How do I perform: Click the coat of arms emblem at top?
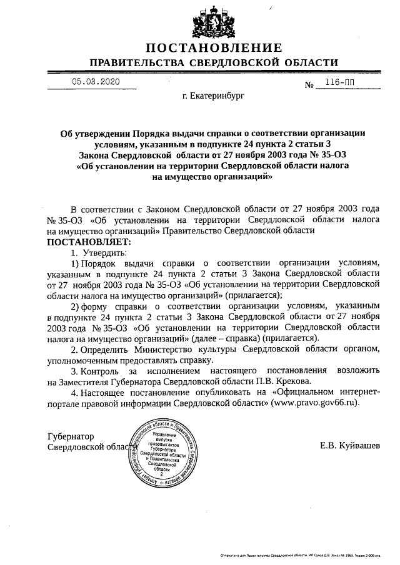click(214, 24)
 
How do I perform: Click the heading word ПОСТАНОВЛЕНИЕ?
click(214, 48)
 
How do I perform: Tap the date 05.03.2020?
click(94, 82)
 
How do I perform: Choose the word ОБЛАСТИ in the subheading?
click(310, 63)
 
